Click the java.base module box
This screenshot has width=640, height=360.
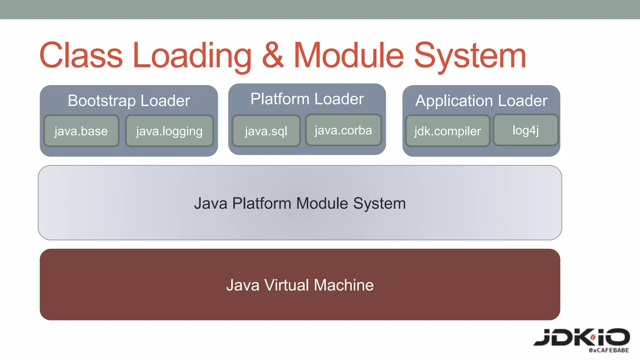click(81, 131)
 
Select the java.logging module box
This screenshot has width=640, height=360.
click(169, 131)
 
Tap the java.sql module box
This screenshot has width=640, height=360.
click(266, 131)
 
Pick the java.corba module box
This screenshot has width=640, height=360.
click(343, 130)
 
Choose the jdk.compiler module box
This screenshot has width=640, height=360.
click(447, 131)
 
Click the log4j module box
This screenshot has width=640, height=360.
click(526, 130)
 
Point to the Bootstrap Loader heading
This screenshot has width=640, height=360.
click(129, 101)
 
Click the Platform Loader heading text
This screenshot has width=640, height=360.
click(307, 99)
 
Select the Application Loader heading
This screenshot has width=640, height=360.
click(481, 101)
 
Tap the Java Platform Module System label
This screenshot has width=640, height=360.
click(300, 203)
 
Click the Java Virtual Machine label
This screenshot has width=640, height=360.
click(300, 285)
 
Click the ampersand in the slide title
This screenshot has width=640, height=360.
click(272, 56)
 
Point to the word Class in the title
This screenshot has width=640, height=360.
click(81, 56)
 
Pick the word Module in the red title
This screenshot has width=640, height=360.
click(349, 56)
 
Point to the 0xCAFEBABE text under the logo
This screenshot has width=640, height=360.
click(609, 350)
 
